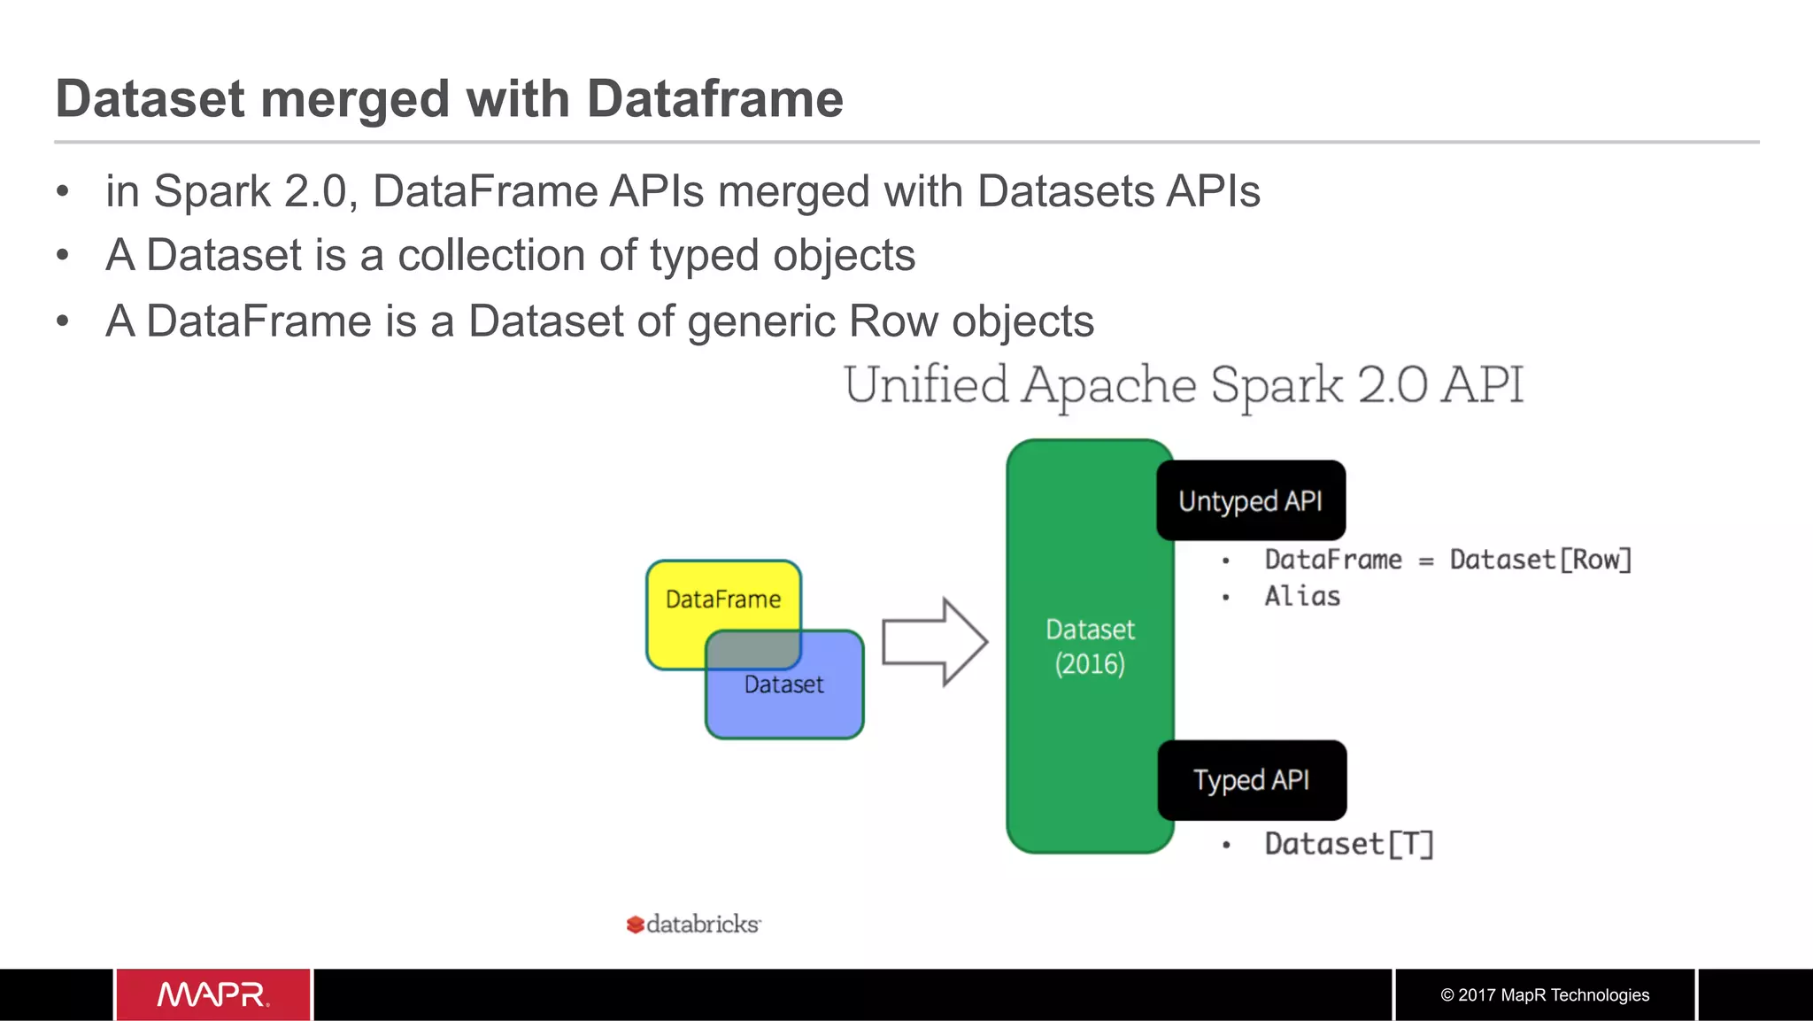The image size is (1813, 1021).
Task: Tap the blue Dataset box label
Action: (783, 685)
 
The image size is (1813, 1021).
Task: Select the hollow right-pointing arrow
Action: (935, 642)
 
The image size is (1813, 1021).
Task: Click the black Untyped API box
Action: (1250, 500)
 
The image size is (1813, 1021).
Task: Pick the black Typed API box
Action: (1251, 780)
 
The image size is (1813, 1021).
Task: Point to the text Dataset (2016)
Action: (1089, 646)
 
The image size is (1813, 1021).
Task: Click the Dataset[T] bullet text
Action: (1348, 844)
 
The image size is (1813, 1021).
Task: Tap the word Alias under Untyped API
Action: (1301, 596)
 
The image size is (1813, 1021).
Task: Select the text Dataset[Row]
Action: (1540, 560)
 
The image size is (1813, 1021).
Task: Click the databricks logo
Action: (694, 924)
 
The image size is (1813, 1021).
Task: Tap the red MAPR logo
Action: (212, 994)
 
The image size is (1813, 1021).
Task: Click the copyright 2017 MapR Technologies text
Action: (1545, 994)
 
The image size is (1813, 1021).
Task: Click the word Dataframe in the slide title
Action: (714, 98)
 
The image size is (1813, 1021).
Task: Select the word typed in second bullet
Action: (704, 256)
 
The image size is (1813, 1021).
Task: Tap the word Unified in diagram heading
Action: (926, 385)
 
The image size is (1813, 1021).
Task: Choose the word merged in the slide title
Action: (356, 98)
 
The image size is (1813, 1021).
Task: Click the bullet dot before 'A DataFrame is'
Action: (62, 321)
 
